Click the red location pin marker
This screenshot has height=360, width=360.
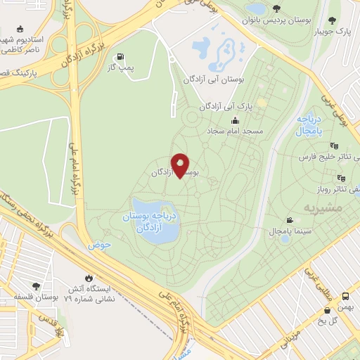click(181, 165)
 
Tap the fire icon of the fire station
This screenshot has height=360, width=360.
click(88, 276)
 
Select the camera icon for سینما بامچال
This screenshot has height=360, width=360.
click(289, 220)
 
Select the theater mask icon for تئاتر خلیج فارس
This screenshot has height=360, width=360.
click(333, 146)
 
